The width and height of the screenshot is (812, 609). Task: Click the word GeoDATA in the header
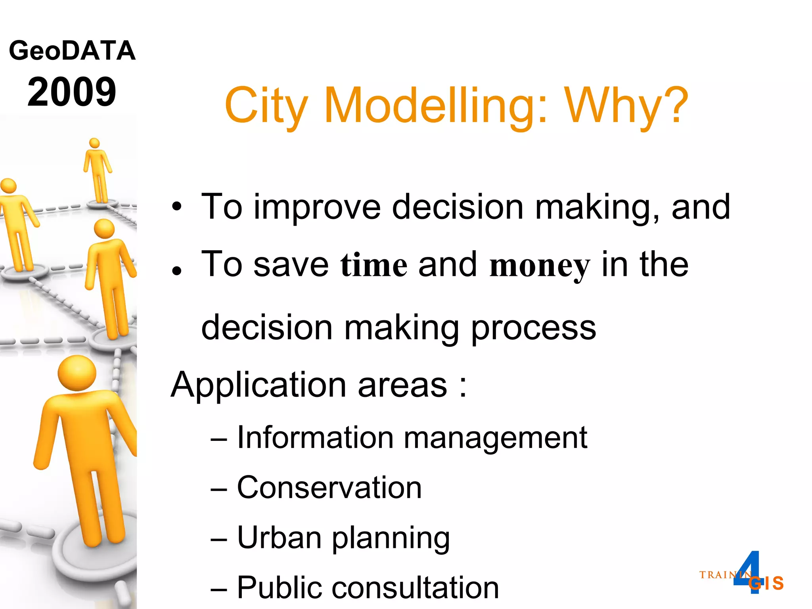[72, 51]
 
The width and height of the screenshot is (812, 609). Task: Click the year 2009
[72, 92]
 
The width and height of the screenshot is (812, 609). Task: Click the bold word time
[373, 265]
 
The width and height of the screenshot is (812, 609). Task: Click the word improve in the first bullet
[317, 207]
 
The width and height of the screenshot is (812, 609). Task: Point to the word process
[533, 328]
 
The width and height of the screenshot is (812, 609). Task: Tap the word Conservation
[329, 488]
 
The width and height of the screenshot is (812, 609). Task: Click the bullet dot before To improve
[177, 207]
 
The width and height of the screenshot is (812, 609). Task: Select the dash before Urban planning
[219, 539]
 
